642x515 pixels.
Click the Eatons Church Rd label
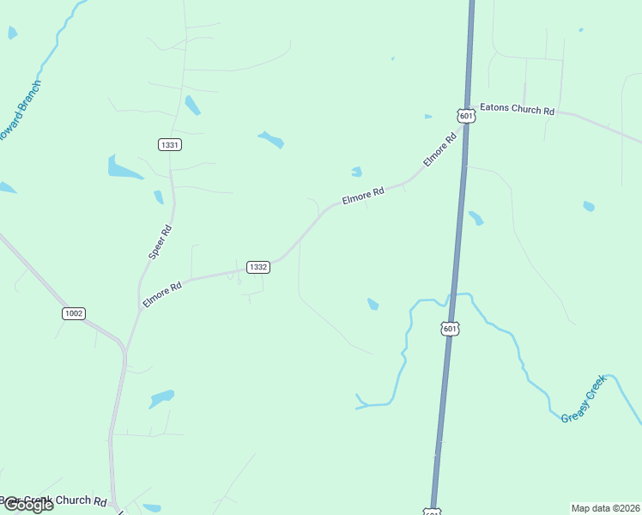click(517, 110)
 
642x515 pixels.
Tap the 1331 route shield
click(170, 144)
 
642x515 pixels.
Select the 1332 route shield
click(258, 267)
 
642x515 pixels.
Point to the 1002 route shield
click(74, 313)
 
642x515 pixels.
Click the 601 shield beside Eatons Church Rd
click(465, 115)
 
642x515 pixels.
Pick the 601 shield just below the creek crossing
click(451, 328)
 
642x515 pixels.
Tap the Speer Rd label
click(160, 242)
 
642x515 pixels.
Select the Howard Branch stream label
click(19, 112)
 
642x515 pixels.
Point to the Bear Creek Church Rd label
click(53, 500)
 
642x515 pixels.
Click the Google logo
click(27, 505)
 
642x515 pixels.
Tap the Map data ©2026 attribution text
click(605, 507)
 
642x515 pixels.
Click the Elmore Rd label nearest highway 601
click(439, 149)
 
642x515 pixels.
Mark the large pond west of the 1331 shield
click(124, 167)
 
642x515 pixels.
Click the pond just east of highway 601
click(475, 218)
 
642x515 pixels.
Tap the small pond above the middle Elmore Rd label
click(356, 172)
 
